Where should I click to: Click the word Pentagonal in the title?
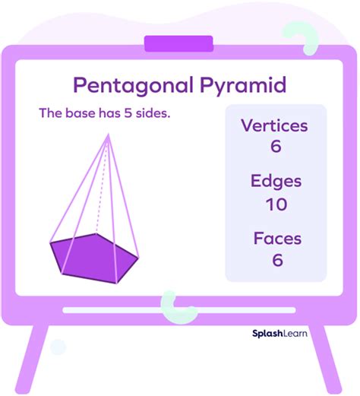[134, 86]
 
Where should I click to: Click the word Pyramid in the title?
[243, 86]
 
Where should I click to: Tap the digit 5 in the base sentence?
[128, 113]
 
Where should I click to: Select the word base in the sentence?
[81, 113]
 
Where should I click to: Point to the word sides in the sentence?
[153, 113]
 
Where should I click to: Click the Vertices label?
[275, 125]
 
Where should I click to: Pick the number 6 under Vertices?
[276, 146]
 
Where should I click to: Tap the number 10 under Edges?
[276, 204]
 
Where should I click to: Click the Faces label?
[277, 239]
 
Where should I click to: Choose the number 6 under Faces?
[277, 260]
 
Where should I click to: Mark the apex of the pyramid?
[109, 134]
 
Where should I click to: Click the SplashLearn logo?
[279, 334]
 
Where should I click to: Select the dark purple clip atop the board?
[178, 43]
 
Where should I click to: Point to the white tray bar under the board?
[179, 310]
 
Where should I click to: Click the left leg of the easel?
[31, 360]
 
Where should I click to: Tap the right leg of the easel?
[327, 360]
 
